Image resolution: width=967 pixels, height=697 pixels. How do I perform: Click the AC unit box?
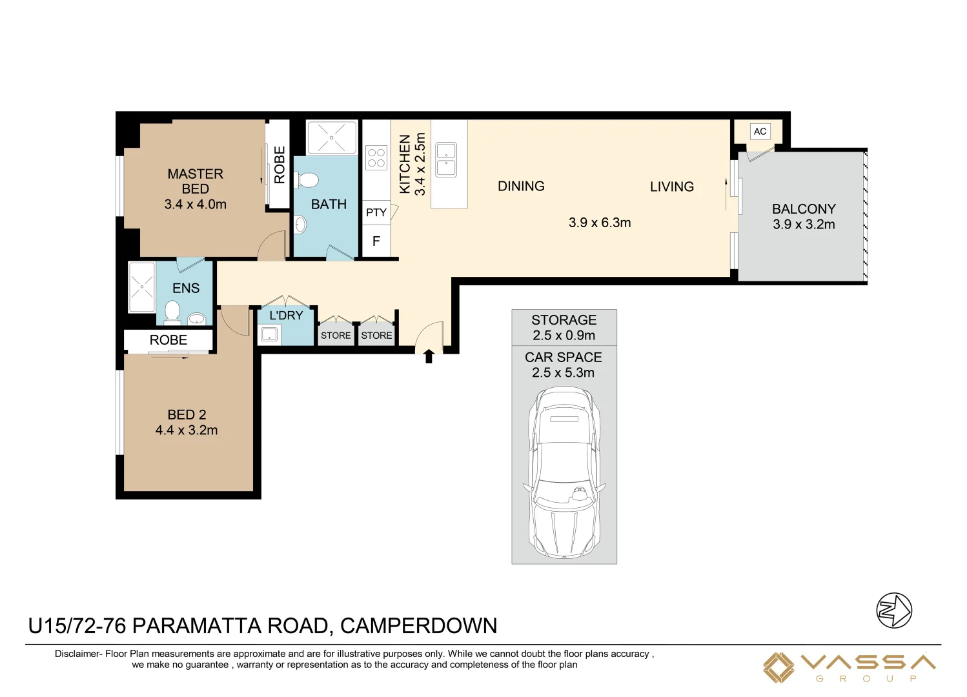(760, 131)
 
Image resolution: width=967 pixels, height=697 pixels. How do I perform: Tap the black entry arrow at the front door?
(429, 356)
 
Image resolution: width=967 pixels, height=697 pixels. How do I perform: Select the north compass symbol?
(894, 611)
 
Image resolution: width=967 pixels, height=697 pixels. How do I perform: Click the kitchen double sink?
(446, 159)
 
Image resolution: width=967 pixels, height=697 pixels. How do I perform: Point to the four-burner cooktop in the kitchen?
(376, 158)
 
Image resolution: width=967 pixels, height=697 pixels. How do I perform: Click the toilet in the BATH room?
(306, 180)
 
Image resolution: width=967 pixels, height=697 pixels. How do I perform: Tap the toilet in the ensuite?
(172, 312)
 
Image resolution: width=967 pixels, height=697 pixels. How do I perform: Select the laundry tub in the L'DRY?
(269, 334)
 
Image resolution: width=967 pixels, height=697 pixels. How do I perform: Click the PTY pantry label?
(376, 212)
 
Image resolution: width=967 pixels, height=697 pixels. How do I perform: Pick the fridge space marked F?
(376, 241)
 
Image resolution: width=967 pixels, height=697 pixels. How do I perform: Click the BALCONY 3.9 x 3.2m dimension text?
(804, 225)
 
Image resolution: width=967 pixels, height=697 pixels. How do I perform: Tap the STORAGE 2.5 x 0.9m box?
(564, 328)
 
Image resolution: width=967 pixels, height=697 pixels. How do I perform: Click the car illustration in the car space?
(564, 472)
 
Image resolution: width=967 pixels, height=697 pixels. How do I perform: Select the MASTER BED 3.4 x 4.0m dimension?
(195, 204)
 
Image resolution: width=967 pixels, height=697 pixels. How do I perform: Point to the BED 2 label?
(187, 415)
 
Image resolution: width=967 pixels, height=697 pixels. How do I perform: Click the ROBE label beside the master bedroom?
(280, 165)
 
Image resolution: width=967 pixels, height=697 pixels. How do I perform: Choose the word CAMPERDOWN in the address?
(419, 626)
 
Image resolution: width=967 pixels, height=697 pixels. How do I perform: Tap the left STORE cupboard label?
(336, 336)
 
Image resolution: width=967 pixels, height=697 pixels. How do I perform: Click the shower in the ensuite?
(141, 287)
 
